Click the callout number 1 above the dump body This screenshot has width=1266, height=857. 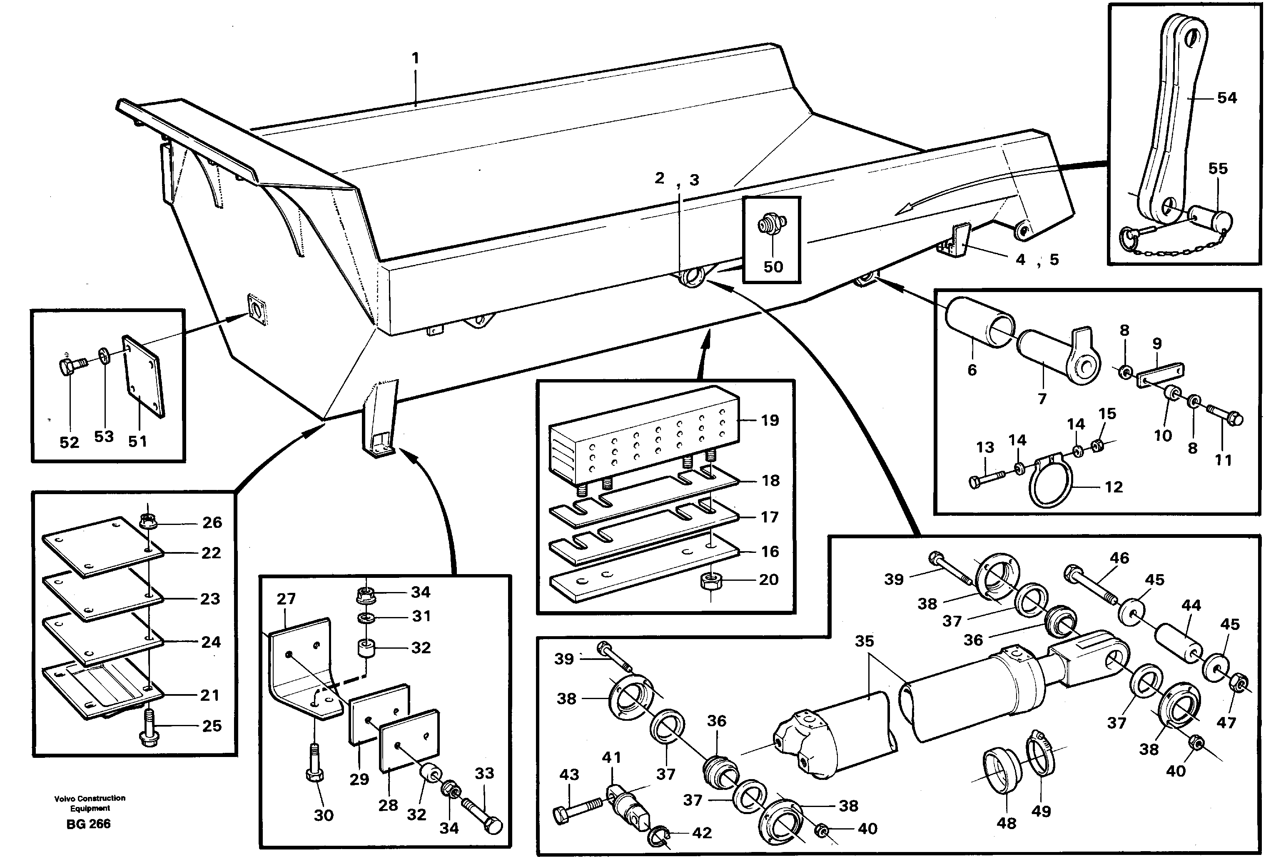click(415, 58)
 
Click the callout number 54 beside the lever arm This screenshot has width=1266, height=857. click(1227, 98)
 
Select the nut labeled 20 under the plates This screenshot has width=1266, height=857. click(711, 581)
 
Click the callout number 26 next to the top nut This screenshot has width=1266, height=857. click(212, 522)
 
